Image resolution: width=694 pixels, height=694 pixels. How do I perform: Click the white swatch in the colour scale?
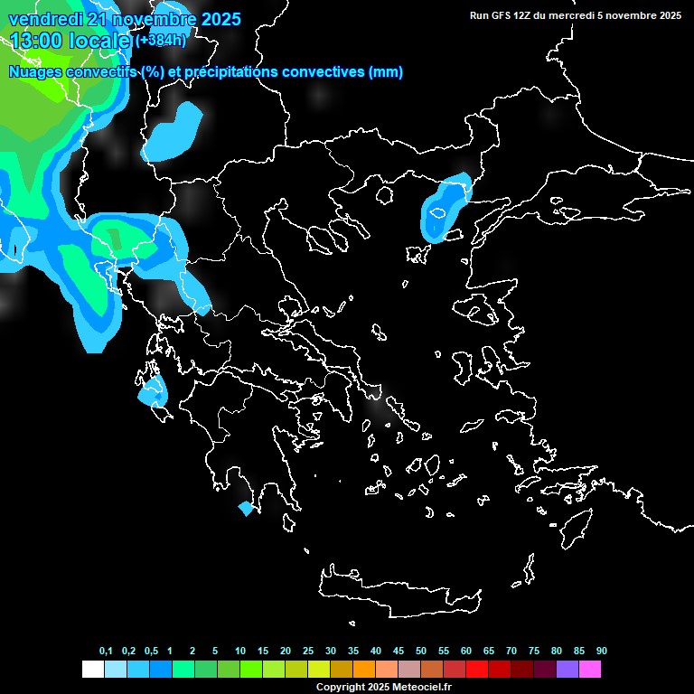point(92,669)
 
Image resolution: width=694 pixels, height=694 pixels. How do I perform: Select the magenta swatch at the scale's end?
point(590,669)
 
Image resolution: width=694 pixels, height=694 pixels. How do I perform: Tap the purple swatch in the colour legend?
point(567,669)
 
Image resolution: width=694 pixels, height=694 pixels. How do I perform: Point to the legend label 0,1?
point(106,652)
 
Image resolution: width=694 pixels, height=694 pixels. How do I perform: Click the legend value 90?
point(601,652)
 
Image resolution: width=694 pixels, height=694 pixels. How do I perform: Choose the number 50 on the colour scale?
point(421,652)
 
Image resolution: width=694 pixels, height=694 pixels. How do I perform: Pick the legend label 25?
point(308,652)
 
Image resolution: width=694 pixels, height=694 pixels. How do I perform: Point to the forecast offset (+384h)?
point(161,41)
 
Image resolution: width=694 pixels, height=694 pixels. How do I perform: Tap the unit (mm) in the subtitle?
point(386,72)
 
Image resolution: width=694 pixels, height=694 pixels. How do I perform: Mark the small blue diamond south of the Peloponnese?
point(245,509)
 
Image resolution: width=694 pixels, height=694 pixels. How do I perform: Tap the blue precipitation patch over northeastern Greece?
point(445,210)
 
